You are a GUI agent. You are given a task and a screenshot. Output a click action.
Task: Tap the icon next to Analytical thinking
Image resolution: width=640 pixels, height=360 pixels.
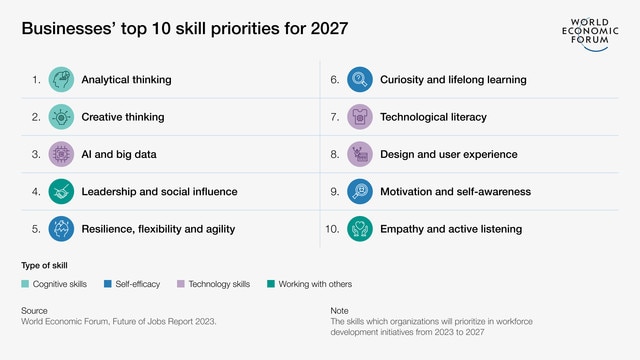62,79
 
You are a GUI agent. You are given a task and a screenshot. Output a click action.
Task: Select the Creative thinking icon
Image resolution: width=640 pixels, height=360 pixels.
62,117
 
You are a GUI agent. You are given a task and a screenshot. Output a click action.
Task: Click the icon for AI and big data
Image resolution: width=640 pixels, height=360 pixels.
62,154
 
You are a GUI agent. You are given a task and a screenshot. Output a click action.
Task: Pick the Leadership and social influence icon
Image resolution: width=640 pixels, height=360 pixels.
62,191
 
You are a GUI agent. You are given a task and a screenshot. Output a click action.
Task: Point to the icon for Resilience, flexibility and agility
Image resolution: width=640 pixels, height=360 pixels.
62,229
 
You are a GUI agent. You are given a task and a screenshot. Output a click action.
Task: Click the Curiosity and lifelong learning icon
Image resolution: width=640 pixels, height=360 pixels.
360,79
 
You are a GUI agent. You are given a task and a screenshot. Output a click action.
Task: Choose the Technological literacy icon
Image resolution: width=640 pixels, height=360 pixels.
360,117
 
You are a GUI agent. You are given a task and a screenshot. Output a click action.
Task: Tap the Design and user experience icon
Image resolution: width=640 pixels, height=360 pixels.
360,154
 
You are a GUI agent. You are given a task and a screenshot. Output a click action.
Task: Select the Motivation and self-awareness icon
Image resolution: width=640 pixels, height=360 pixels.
360,191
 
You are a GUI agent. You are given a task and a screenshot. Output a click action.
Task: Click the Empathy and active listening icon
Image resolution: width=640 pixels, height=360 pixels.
360,229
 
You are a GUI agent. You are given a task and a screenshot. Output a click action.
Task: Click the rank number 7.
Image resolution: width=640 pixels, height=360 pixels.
336,117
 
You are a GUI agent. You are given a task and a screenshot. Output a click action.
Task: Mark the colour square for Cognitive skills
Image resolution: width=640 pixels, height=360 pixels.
25,284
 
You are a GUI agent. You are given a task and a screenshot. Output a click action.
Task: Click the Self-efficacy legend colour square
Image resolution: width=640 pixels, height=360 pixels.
107,284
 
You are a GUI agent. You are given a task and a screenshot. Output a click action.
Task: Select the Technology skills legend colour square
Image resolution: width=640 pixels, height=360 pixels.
181,284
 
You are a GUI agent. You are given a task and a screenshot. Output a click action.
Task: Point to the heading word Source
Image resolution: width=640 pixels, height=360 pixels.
34,311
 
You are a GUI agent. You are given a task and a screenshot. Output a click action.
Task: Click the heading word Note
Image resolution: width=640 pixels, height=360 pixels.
339,311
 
